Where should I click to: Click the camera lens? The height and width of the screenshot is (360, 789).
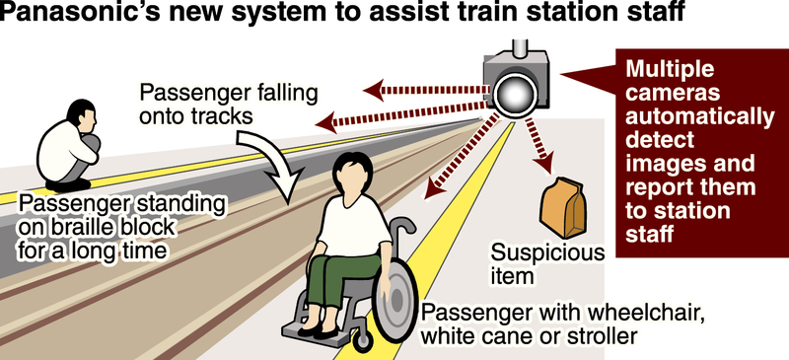pyautogui.click(x=514, y=94)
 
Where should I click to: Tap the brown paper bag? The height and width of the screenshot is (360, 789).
pyautogui.click(x=562, y=207)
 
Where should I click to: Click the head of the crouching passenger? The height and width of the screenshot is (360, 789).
pyautogui.click(x=82, y=114)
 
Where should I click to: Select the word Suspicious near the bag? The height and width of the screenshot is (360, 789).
pyautogui.click(x=547, y=252)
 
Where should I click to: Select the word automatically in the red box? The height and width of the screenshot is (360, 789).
pyautogui.click(x=700, y=117)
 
